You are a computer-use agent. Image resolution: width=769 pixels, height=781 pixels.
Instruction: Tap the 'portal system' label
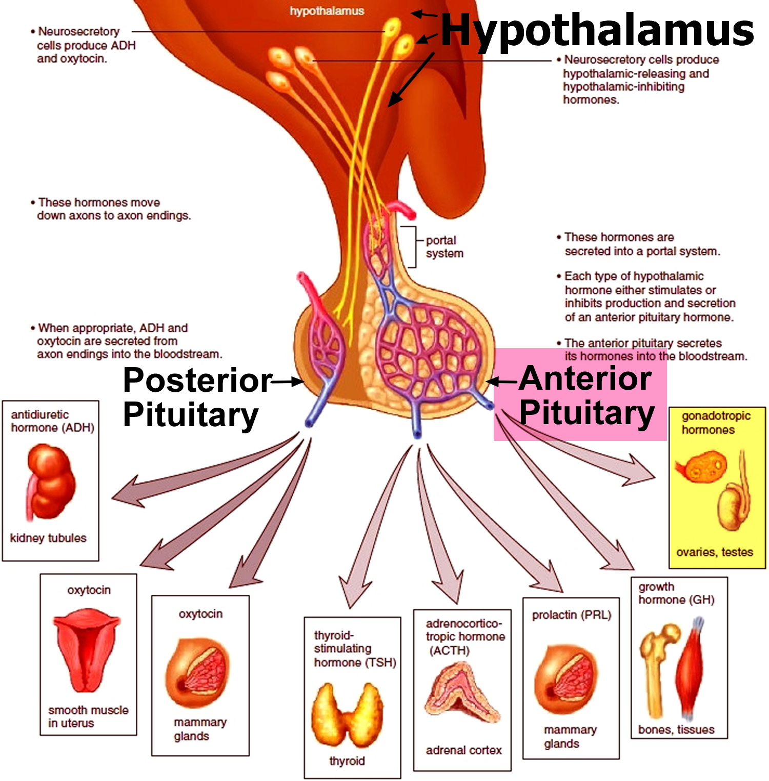pos(444,247)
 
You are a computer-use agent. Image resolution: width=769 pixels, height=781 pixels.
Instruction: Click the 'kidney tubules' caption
pos(48,538)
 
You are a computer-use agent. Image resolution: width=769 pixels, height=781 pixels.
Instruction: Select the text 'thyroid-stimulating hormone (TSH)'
pos(354,649)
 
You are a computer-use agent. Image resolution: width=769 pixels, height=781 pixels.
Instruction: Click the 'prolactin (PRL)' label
pos(572,615)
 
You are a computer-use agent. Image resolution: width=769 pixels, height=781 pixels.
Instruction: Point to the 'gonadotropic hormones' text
pos(715,423)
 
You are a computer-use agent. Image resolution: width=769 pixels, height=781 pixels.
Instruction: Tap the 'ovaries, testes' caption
pos(715,552)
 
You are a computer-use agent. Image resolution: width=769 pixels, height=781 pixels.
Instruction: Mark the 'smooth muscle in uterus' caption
pos(87,716)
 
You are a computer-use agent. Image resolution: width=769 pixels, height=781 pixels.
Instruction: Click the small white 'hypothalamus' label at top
pos(327,11)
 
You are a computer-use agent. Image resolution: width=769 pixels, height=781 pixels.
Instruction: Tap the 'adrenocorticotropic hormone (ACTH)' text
pos(464,637)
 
